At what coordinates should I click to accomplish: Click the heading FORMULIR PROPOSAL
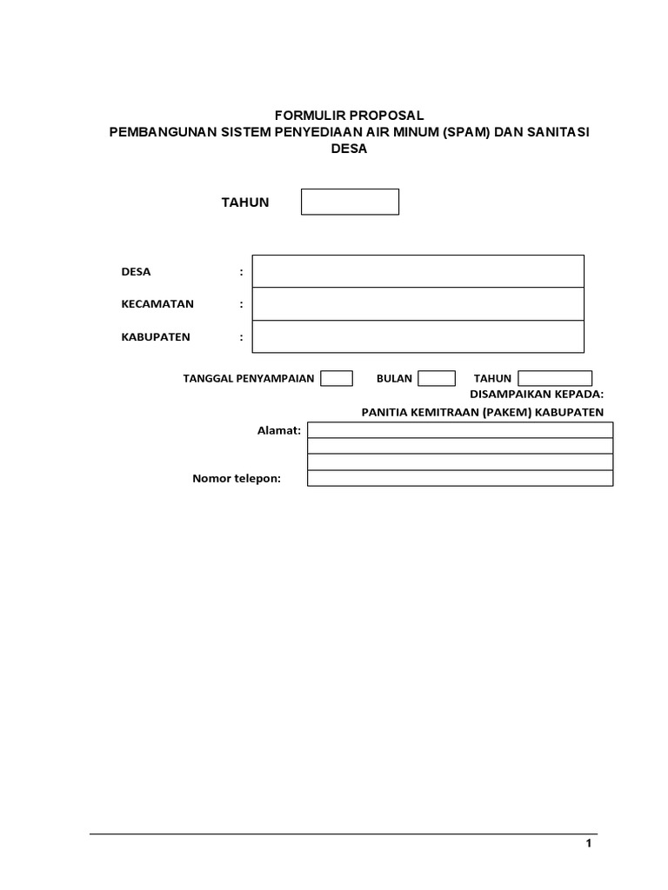349,116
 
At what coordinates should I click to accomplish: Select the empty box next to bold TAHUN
350,202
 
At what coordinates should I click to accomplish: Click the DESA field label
136,272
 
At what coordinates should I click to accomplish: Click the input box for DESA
417,271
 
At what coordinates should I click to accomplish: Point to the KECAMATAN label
157,304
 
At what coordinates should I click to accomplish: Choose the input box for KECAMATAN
417,304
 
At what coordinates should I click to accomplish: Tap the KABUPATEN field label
156,337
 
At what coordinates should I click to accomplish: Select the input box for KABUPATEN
417,336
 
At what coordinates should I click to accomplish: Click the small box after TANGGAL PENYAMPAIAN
337,378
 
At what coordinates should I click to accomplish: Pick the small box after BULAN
437,378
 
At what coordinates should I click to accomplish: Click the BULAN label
394,379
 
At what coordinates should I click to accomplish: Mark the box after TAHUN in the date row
555,378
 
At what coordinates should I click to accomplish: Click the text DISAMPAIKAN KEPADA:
536,394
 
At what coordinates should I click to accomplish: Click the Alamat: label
279,430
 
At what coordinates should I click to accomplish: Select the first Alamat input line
460,430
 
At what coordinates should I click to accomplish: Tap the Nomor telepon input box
460,478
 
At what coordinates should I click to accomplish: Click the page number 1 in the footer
589,843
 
